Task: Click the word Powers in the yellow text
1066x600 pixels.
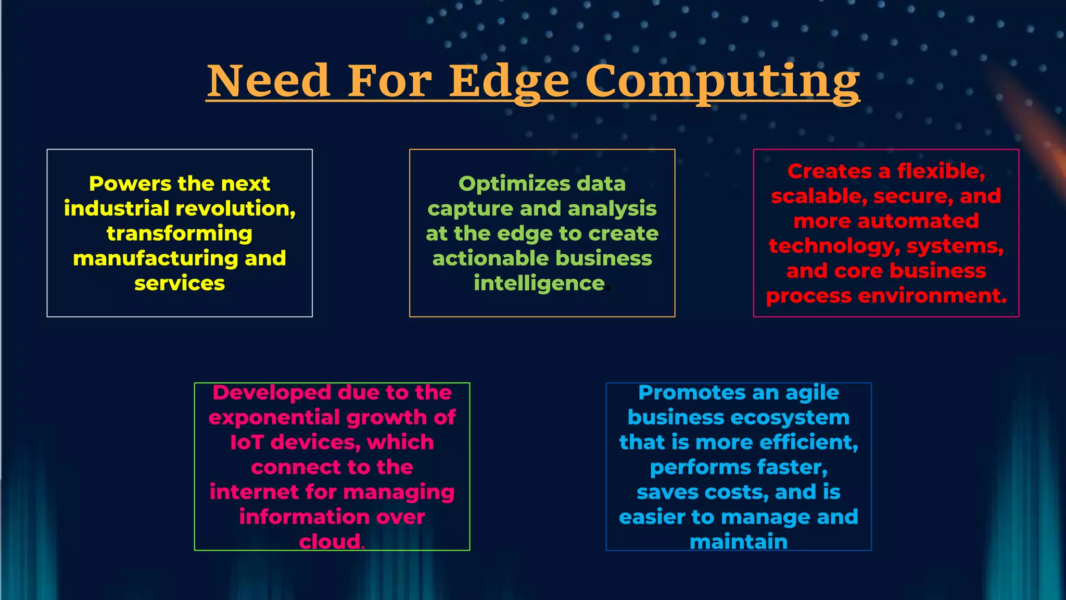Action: coord(130,184)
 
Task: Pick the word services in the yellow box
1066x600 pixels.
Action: coord(180,283)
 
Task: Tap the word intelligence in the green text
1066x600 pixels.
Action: coord(539,283)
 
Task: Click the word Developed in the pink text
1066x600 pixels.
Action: coord(272,393)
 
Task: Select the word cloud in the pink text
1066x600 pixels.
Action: coord(329,542)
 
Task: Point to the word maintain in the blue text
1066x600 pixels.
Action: coord(738,542)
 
